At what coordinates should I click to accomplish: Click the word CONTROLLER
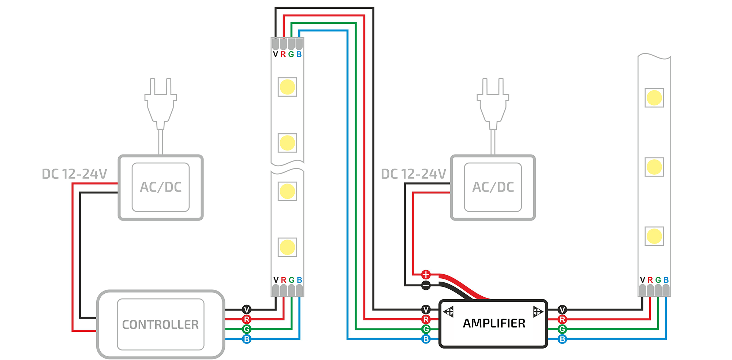160,324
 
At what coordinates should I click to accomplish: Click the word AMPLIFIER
494,323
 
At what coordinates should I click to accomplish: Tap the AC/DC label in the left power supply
161,187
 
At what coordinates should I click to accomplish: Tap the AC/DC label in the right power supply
493,187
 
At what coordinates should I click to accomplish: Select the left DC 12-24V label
74,174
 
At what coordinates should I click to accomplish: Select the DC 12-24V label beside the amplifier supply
414,174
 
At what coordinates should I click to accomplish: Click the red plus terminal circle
426,275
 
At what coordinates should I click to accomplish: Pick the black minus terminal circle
426,285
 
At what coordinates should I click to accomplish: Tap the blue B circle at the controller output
247,339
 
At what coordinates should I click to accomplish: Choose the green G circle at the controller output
247,329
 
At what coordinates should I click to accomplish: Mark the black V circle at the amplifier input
426,309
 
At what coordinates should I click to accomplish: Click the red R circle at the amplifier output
562,319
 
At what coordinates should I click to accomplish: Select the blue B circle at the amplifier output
562,339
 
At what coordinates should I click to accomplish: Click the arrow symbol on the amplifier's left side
449,312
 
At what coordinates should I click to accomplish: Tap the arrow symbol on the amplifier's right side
537,312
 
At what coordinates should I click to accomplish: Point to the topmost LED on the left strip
287,87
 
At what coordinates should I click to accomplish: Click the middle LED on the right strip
654,167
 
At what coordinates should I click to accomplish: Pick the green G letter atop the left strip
291,54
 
